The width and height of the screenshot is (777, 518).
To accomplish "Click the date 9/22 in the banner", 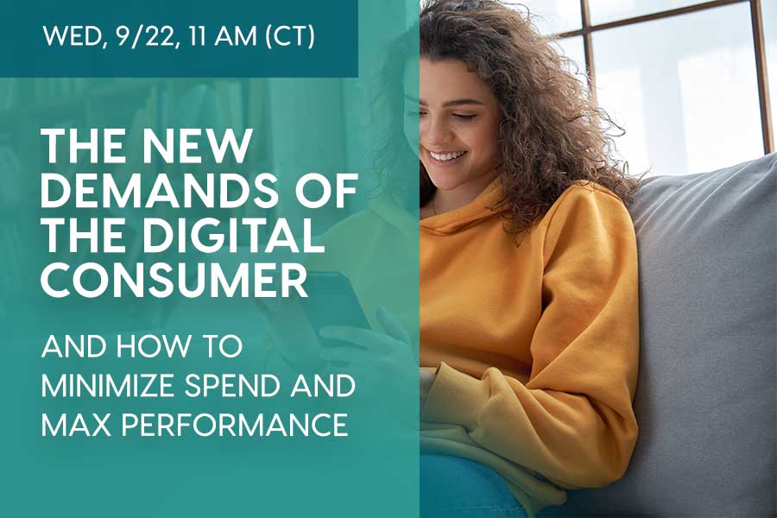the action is coord(146,36).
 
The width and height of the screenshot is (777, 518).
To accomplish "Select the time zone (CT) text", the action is coord(290,36).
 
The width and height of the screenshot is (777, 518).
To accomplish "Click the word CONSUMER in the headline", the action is coord(174,280).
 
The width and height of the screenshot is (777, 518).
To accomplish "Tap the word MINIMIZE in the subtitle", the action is coord(110,386).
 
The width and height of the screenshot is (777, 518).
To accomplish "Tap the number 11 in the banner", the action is coord(195,36).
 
